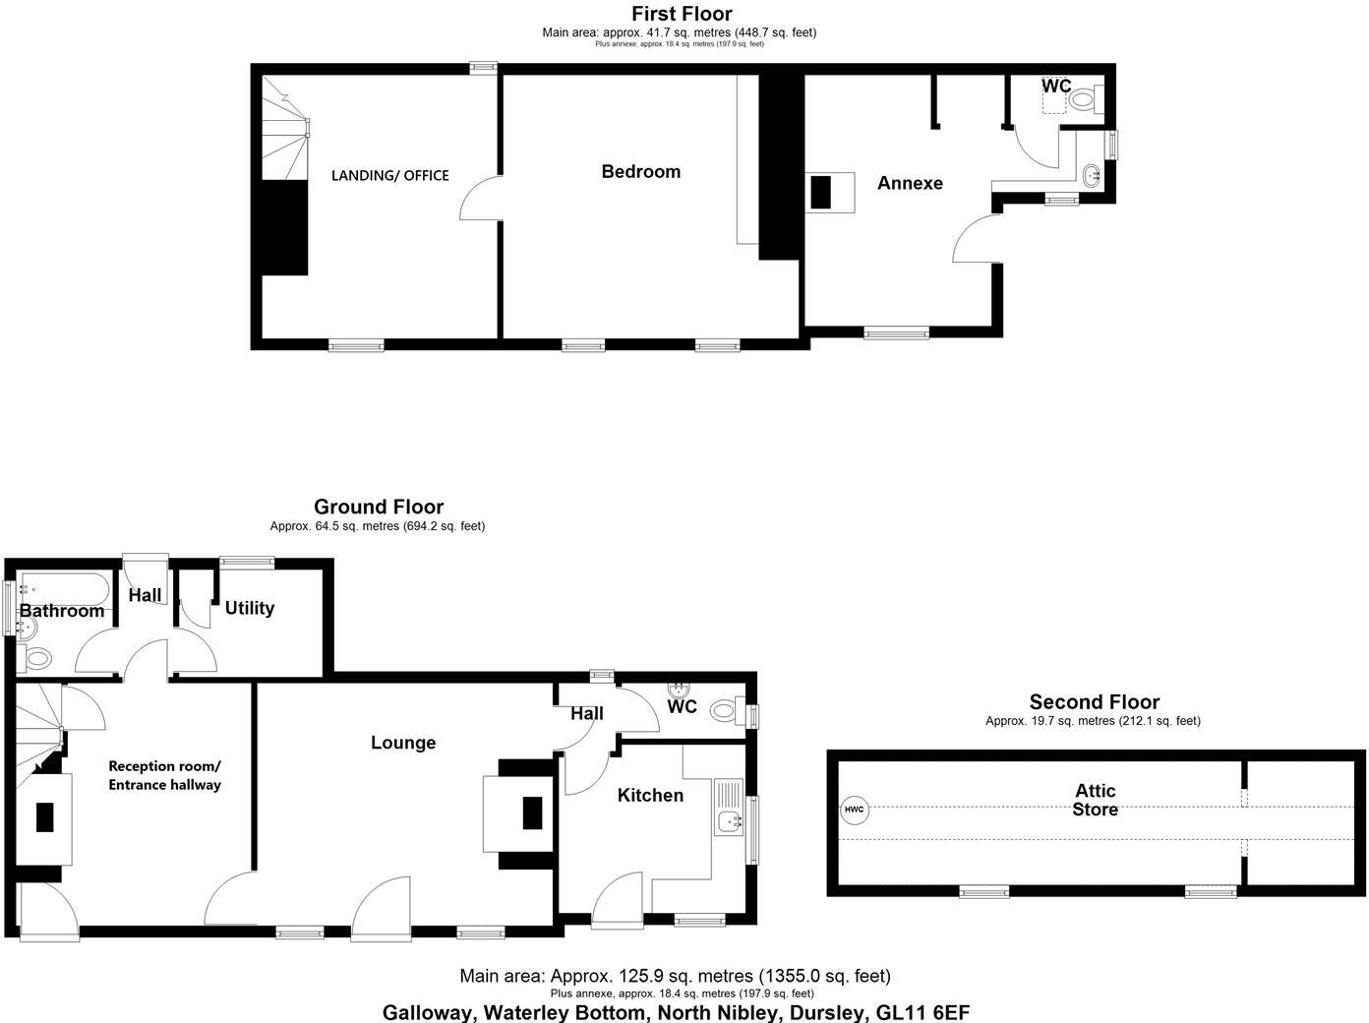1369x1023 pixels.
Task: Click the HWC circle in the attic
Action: pos(854,811)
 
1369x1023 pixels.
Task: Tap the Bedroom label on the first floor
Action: pos(640,171)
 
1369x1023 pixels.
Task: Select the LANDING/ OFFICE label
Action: pos(389,176)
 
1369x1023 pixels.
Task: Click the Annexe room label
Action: pos(910,183)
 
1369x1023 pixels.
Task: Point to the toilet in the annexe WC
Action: pos(1085,98)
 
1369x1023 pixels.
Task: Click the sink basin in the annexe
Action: pos(1091,177)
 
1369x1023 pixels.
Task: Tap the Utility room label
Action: pos(249,608)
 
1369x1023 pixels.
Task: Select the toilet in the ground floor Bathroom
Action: pos(37,657)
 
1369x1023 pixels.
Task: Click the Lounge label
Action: pos(402,743)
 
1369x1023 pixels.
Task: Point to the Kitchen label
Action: pos(650,795)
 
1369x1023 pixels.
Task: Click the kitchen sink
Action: pos(729,820)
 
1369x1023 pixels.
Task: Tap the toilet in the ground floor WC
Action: pos(725,709)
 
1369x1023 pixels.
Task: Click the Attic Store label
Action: pos(1095,800)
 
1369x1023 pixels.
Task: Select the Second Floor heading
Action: pos(1094,702)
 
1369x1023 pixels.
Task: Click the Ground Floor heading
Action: pos(379,507)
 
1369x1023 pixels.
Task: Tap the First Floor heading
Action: pos(682,14)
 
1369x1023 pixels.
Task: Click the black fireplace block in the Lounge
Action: pos(532,812)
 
